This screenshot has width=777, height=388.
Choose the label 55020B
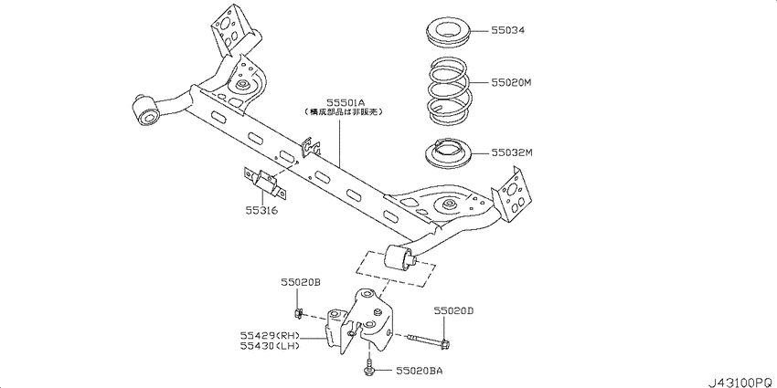click(x=301, y=284)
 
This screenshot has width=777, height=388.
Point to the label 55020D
click(x=454, y=311)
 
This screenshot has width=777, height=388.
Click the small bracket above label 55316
click(x=266, y=182)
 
